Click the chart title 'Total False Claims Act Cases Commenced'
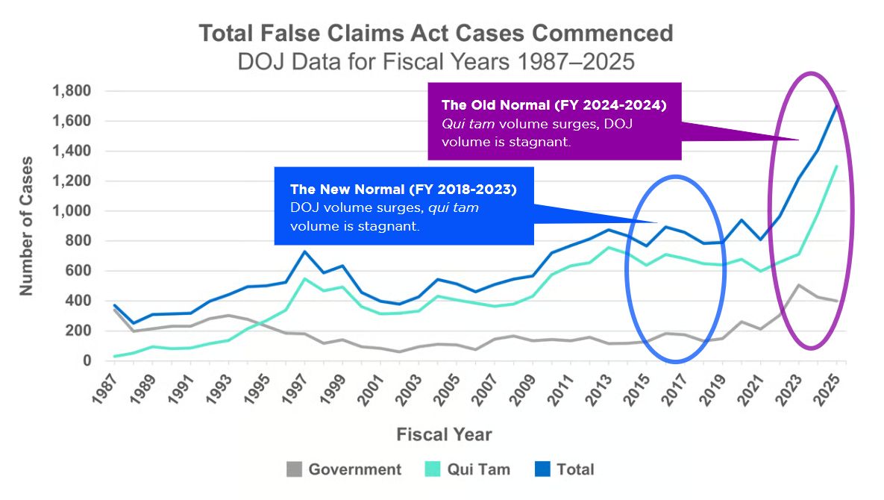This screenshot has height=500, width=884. [436, 34]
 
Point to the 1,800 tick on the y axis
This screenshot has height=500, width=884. [71, 92]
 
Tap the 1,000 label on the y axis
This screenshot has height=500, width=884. [71, 211]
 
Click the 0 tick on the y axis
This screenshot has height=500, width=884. [87, 360]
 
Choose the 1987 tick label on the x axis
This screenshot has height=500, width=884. [106, 387]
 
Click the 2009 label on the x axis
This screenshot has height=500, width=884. [524, 387]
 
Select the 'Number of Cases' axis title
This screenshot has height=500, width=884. [27, 225]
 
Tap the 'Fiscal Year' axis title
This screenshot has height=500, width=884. [444, 434]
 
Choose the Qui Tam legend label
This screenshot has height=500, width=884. [478, 469]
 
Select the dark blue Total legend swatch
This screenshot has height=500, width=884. [543, 469]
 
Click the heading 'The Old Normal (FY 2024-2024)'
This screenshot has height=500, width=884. [554, 104]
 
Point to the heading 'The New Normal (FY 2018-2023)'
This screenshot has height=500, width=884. [402, 190]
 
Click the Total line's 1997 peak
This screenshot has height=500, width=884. [304, 251]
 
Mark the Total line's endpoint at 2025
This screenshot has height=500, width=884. [837, 107]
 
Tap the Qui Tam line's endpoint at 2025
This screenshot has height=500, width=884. [837, 166]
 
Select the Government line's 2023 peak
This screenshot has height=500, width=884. [799, 285]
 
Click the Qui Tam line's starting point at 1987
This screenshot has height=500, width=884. [114, 356]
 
